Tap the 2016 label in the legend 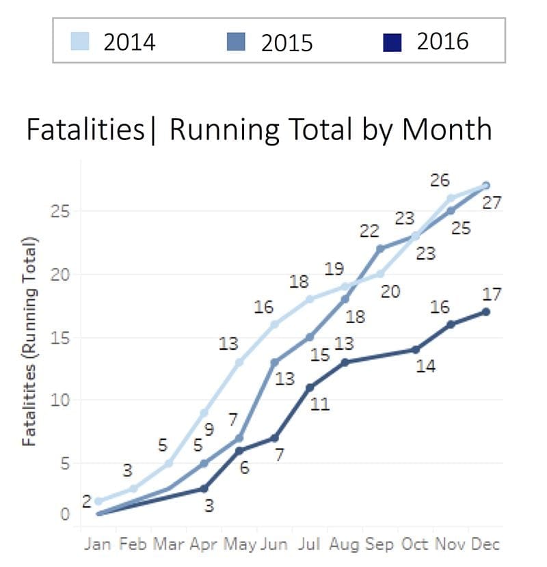pos(442,42)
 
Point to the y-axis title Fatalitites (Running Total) pos(29,342)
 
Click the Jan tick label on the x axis pos(98,544)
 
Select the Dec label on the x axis pos(485,544)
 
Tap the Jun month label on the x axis pos(274,544)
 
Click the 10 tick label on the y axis pos(62,400)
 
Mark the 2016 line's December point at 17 pos(485,312)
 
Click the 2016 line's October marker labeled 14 pos(415,350)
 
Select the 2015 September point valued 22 pos(380,249)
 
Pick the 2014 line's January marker pos(99,501)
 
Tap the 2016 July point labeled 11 pos(310,387)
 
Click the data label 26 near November pos(440,181)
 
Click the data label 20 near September pos(390,292)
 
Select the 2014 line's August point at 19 pos(345,287)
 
